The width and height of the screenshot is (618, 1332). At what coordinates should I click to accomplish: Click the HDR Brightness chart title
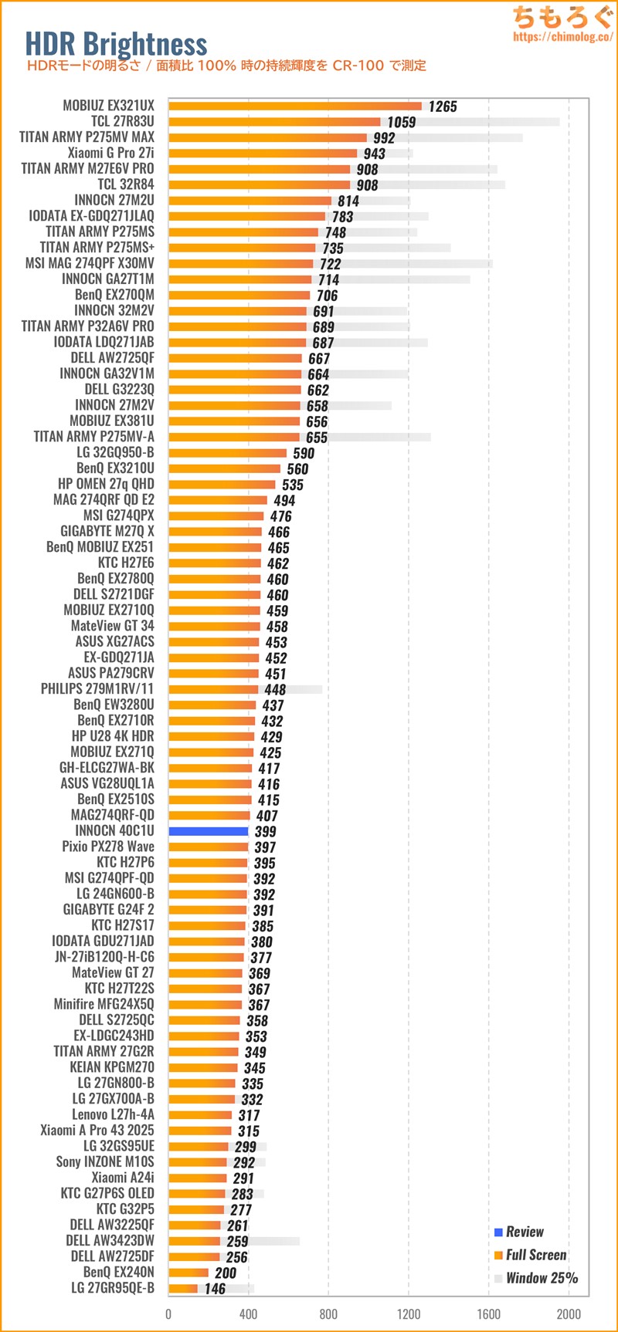coord(116,45)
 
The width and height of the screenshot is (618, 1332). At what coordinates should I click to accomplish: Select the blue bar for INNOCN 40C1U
coord(208,831)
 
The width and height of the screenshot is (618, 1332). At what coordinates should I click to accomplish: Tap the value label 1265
coord(443,106)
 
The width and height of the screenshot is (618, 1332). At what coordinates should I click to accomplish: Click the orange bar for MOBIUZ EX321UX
coord(294,106)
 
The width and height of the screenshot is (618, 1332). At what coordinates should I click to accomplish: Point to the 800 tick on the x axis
coord(328,1314)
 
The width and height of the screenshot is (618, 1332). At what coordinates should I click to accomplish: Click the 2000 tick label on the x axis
coord(569,1314)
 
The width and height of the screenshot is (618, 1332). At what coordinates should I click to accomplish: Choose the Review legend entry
coord(525,1232)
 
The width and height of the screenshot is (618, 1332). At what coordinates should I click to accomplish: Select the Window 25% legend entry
coord(542,1278)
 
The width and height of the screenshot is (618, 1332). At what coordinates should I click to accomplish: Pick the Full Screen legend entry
coord(536,1255)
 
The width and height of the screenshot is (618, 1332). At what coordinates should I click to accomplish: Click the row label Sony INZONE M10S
coord(105,1161)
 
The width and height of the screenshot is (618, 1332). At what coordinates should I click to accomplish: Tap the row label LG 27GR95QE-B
coord(113,1288)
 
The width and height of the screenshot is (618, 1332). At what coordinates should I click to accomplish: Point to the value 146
coord(215,1289)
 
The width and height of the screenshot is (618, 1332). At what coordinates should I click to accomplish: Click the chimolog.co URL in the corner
coord(562,36)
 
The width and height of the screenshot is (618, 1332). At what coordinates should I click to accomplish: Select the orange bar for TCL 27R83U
coord(274,122)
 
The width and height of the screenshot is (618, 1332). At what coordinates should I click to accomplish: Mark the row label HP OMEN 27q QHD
coord(106,484)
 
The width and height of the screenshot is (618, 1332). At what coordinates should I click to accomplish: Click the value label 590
coord(304,453)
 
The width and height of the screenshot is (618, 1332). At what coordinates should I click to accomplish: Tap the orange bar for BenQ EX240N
coord(188,1273)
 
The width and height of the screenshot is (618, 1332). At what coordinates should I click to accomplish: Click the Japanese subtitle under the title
coord(226,66)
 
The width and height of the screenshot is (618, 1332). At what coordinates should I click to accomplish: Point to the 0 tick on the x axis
coord(168,1314)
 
